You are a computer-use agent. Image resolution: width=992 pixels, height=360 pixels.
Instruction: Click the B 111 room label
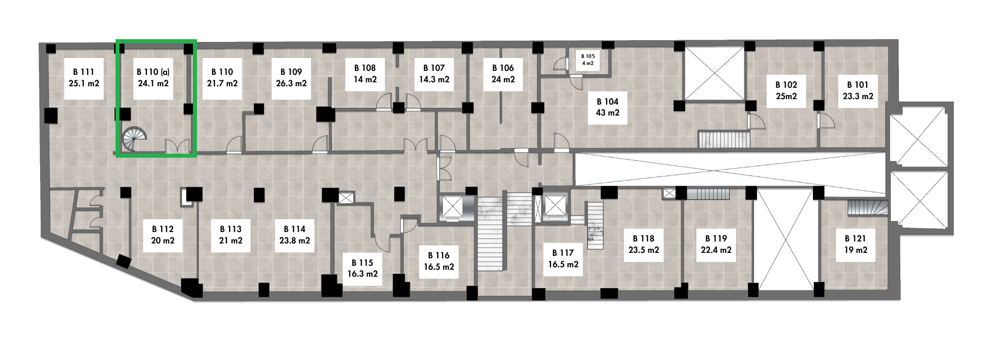[x=84, y=78]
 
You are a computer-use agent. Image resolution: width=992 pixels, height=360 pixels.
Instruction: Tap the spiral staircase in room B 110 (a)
[x=135, y=138]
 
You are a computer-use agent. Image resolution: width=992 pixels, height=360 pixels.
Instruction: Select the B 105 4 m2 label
[x=588, y=60]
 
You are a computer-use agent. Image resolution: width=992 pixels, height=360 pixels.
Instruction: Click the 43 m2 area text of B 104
[x=608, y=113]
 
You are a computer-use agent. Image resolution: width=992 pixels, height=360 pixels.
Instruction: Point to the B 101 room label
[x=858, y=91]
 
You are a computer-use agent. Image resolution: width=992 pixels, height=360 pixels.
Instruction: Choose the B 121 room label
[x=856, y=244]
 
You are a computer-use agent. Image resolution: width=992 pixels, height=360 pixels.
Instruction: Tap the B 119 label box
[x=716, y=244]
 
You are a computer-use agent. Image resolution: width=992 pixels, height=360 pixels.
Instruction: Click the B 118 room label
[x=643, y=244]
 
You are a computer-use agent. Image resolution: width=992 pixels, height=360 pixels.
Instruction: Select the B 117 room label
[x=563, y=258]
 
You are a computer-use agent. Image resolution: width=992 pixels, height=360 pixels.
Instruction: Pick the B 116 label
[x=438, y=261]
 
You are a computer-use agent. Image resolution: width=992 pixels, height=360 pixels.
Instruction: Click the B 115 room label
[x=362, y=268]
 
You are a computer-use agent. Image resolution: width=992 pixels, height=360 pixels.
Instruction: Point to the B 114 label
[x=295, y=235]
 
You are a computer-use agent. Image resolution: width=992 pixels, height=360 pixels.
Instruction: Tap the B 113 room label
[x=231, y=235]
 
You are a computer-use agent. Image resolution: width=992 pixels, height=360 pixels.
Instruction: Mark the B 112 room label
[x=163, y=235]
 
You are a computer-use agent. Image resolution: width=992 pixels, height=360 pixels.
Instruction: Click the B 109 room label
[x=291, y=78]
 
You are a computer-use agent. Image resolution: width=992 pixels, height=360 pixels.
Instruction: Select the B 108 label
[x=365, y=73]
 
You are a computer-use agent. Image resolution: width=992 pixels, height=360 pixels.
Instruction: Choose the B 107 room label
[x=434, y=73]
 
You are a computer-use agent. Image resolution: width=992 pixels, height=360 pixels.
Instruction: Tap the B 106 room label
[x=503, y=73]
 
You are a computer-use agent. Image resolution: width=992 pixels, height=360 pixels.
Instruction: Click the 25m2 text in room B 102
[x=786, y=96]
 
